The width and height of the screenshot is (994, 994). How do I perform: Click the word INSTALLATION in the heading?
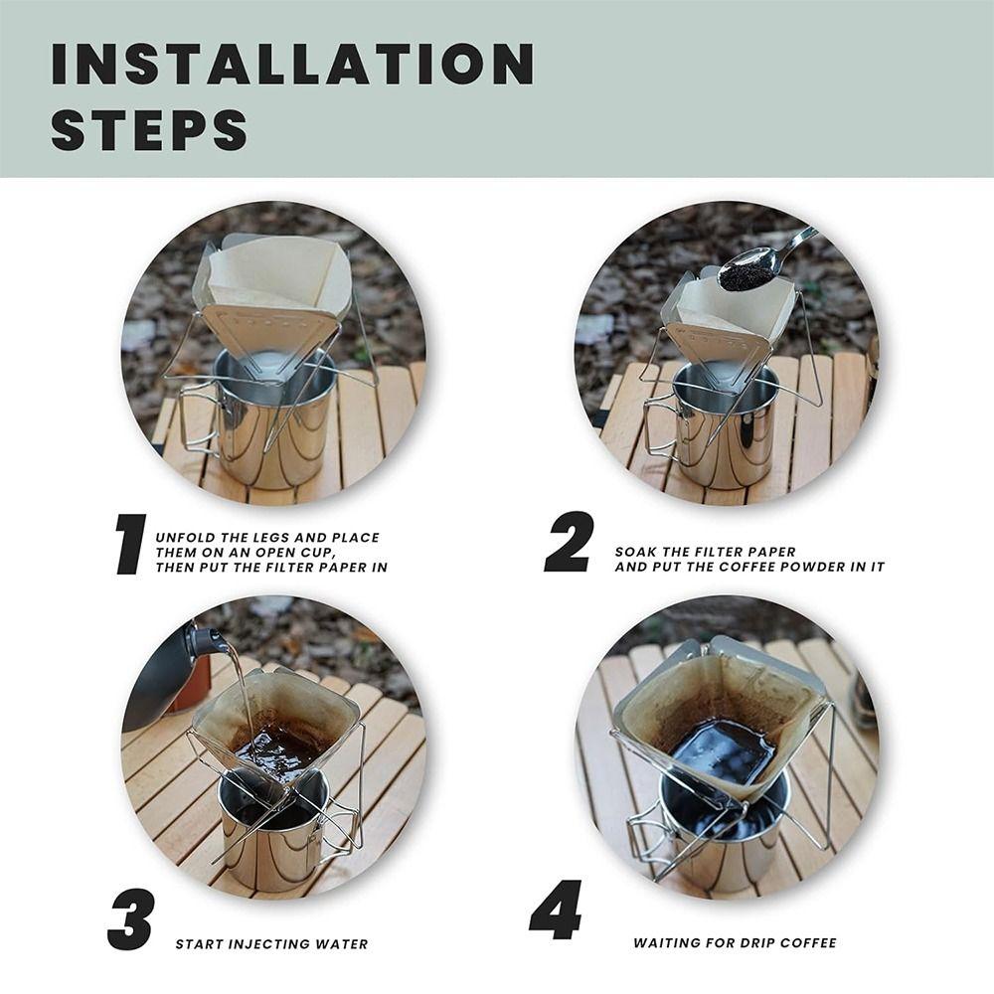[293, 64]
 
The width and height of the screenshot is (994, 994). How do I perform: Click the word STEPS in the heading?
[149, 130]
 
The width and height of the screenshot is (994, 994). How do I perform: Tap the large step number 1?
[130, 545]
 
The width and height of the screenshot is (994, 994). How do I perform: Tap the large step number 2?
[570, 542]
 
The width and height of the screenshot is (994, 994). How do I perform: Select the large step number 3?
[130, 919]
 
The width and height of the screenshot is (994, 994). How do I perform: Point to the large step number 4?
[556, 910]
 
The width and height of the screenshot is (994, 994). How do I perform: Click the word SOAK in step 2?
[635, 552]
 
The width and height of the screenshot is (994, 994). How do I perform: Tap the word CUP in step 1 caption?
[317, 553]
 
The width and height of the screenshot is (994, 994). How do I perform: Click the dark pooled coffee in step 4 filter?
[723, 751]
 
